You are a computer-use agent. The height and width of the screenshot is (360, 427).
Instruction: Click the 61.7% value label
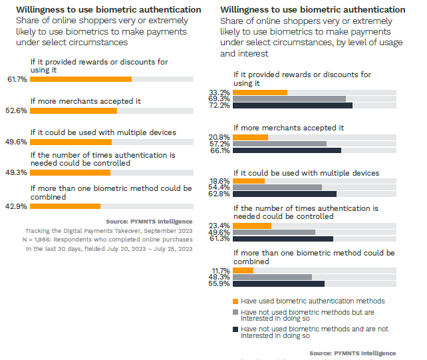coord(17,79)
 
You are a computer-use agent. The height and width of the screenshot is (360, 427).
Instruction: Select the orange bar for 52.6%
coord(73,110)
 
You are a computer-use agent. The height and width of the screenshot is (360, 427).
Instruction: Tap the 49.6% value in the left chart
coord(17,142)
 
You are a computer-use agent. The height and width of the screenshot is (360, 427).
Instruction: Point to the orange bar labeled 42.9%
coord(65,206)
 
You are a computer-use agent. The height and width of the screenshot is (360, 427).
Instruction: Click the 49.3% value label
coord(17,172)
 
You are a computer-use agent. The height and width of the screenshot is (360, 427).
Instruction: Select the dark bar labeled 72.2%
coord(292,105)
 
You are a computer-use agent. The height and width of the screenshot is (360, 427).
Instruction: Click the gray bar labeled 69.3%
coord(289,98)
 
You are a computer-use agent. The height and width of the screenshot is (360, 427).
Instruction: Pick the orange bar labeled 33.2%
coord(259,92)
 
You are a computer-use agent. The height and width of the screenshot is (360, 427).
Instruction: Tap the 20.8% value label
coord(219,137)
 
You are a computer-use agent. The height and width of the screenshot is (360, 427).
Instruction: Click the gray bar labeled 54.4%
coord(277,188)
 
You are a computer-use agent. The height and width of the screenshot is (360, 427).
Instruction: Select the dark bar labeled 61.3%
coord(282,238)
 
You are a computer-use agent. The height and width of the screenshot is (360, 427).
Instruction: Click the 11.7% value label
coord(219,270)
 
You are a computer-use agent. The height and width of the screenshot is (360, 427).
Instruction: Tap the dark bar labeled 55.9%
coord(278,283)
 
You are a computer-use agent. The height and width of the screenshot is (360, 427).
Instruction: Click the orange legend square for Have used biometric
coord(235,301)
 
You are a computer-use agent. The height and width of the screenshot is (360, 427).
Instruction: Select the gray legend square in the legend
coord(235,311)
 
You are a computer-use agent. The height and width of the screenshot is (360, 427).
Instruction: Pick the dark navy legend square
coord(235,329)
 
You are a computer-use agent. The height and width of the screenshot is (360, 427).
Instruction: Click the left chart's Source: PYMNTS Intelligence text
coord(149,221)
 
